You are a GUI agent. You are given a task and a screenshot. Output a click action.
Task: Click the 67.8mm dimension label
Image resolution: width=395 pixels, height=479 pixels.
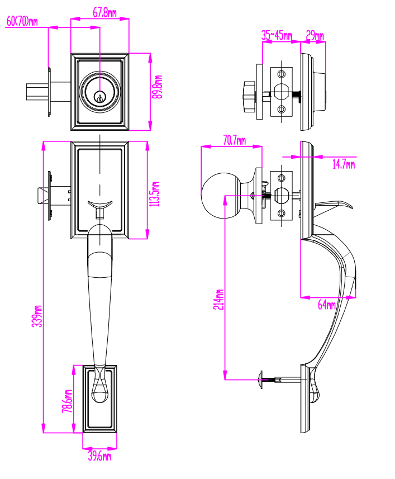104,12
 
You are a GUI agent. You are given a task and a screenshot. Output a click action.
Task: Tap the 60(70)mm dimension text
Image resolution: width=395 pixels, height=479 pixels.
22,21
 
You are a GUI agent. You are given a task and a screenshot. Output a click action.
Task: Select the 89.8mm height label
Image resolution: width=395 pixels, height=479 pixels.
158,87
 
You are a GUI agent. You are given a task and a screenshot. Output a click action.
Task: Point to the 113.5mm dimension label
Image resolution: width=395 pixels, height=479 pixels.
155,194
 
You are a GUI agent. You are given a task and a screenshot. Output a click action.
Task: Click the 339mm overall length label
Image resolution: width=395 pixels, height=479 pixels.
37,316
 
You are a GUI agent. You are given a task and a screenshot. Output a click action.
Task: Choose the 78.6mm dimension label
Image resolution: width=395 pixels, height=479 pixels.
68,401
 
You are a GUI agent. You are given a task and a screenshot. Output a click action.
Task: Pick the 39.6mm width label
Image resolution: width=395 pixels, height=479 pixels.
100,456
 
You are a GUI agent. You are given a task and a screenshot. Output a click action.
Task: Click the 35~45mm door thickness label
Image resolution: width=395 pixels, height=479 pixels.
277,35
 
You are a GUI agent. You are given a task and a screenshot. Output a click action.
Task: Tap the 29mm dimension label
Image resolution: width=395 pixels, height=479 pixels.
315,35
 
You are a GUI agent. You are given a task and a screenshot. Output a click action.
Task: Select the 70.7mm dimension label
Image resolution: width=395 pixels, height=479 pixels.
235,140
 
